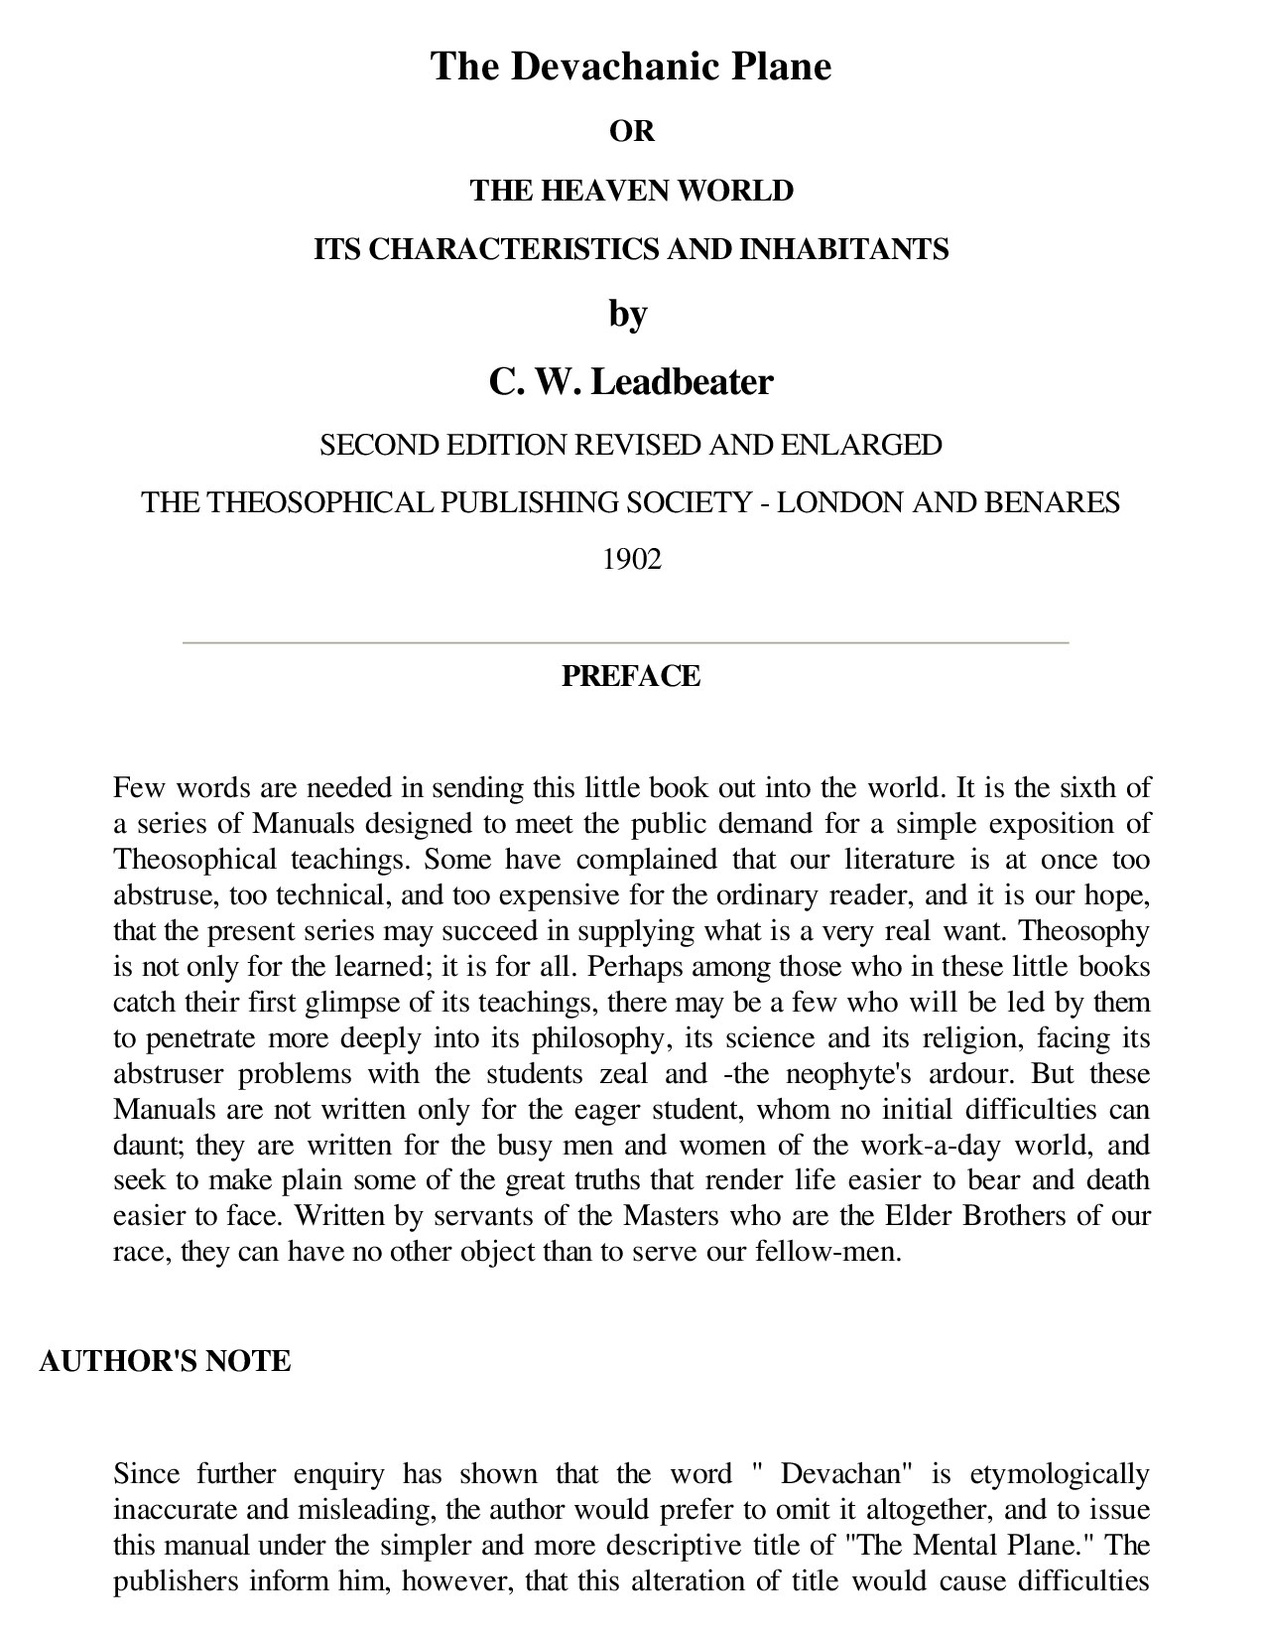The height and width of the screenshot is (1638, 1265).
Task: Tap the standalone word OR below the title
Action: coord(631,131)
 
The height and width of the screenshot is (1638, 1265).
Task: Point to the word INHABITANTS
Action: coord(844,248)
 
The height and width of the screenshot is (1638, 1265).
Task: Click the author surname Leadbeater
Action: coord(682,381)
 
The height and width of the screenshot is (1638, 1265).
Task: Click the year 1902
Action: coord(631,560)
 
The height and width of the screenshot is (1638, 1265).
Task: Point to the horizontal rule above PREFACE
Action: coord(625,642)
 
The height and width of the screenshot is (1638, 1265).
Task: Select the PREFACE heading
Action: coord(631,676)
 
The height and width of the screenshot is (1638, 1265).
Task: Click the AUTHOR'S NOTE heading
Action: coord(165,1361)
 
